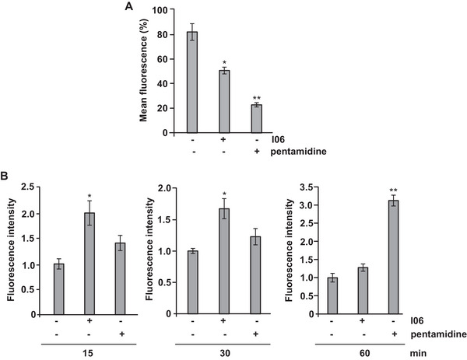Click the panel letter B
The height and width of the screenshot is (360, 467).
tap(5, 177)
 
